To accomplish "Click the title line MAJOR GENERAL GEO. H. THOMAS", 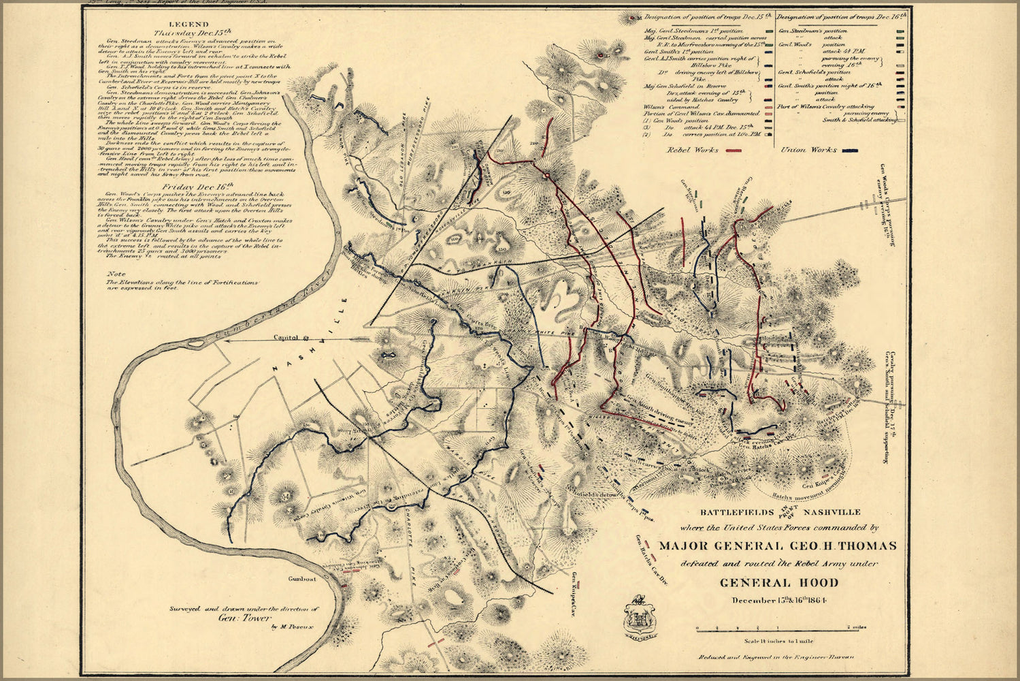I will (x=777, y=546).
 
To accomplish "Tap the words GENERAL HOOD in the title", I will (x=779, y=583).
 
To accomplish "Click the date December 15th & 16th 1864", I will (x=778, y=600).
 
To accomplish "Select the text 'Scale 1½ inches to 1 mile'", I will (x=778, y=642).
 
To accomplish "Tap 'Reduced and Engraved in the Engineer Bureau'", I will (x=778, y=658).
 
